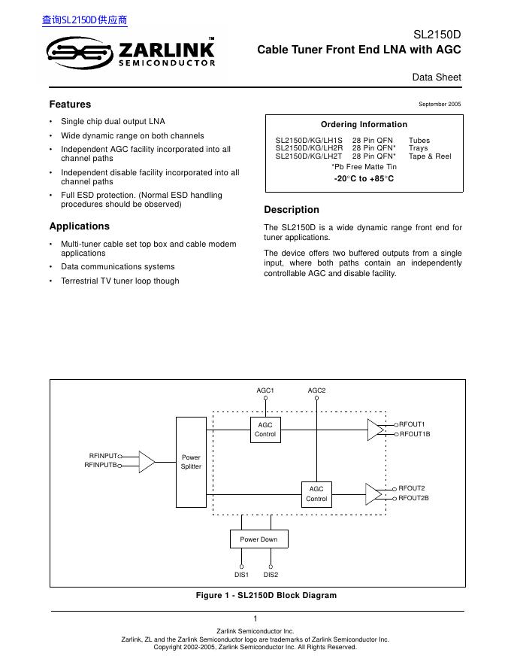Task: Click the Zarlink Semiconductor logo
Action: [x=131, y=53]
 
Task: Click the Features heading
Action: [x=70, y=105]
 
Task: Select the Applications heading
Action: [x=79, y=226]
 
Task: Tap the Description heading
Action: [x=292, y=210]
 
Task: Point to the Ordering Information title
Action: [x=364, y=125]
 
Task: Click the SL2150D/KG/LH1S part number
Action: [x=308, y=141]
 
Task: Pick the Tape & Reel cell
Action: [x=430, y=156]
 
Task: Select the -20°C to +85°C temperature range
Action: [x=364, y=179]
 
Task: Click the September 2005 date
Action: [x=439, y=105]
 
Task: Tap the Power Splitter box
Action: [x=191, y=462]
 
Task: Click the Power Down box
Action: [x=259, y=539]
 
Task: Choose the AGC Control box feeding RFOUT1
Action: [x=265, y=430]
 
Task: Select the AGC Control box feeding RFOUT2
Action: [x=316, y=493]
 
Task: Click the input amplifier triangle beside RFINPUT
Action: [x=147, y=461]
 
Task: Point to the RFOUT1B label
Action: [x=414, y=435]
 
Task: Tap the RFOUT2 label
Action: [x=411, y=488]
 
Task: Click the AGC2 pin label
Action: [x=316, y=390]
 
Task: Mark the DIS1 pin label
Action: [x=241, y=575]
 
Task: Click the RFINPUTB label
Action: [x=101, y=466]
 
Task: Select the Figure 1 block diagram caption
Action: [x=266, y=595]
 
